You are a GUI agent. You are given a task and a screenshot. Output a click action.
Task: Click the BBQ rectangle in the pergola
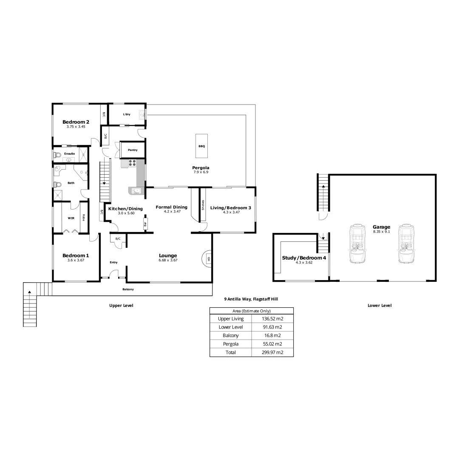point(201,146)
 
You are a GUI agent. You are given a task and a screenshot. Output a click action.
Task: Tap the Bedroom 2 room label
point(76,122)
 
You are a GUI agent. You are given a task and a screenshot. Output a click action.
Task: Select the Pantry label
point(133,150)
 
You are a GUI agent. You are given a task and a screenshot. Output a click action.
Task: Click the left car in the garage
point(357,244)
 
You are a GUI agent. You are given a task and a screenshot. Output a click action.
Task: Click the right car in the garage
point(406,244)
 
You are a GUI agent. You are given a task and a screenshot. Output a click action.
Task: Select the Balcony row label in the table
point(231,335)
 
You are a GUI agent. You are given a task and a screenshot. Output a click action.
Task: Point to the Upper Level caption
point(121,306)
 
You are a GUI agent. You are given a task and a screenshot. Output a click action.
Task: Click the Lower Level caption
point(379,306)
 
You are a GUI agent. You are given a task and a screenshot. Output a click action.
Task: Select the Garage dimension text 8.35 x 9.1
point(381,232)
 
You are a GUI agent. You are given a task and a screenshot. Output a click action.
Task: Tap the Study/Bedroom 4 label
point(304,258)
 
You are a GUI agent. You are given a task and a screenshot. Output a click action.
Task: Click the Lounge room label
point(168,255)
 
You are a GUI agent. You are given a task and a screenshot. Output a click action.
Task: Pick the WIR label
point(71,218)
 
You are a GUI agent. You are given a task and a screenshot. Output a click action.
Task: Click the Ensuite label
point(70,153)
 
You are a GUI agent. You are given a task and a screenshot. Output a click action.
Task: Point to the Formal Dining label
point(171,207)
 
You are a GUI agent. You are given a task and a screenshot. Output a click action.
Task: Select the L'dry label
point(127,114)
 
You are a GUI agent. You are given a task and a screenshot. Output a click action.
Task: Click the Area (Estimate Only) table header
point(251,311)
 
